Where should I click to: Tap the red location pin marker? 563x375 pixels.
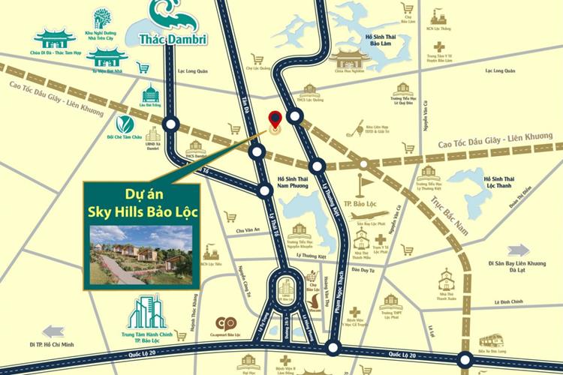[275, 120]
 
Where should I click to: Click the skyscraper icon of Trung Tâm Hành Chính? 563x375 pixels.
[147, 311]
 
